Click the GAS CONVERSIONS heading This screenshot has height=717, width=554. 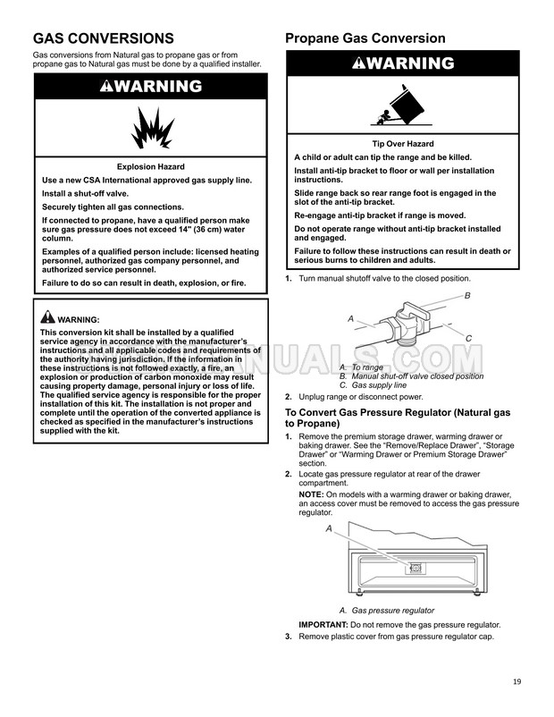pos(103,38)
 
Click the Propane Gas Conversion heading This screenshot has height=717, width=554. pos(365,38)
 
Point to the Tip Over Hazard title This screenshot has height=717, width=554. pos(402,144)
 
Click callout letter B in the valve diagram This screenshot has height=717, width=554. pos(467,296)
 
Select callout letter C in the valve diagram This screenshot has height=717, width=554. pos(469,337)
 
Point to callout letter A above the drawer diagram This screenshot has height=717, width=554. pos(329,529)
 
